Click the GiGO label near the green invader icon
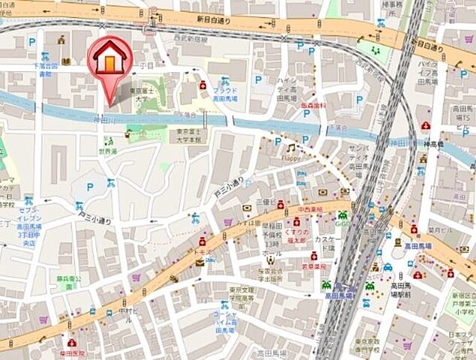[343, 224]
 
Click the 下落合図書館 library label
[46, 70]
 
